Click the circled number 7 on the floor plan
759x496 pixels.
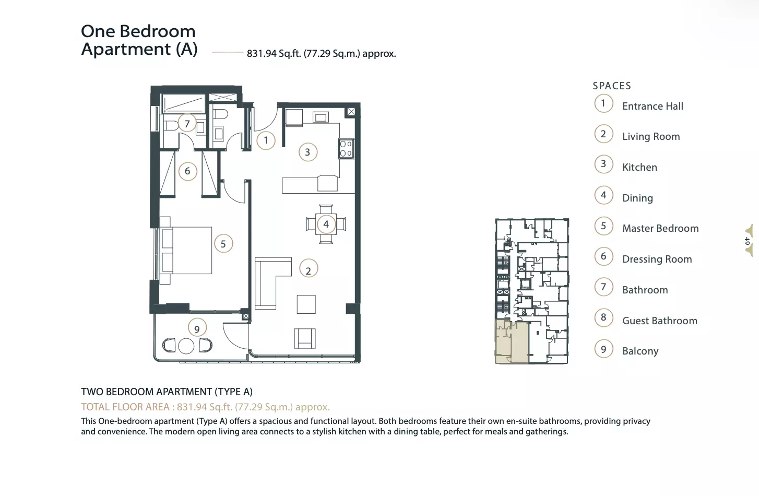[x=187, y=123]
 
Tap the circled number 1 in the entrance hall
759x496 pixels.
[x=266, y=140]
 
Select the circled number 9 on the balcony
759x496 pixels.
[x=197, y=328]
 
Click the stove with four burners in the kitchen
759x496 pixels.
[x=346, y=148]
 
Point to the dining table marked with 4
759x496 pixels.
[x=326, y=224]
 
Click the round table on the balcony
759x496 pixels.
[x=186, y=346]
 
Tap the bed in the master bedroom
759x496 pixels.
[x=186, y=250]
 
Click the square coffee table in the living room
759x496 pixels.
[x=306, y=304]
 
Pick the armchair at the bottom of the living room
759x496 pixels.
[x=305, y=338]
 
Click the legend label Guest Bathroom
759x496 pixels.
[x=660, y=321]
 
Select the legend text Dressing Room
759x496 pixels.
[x=657, y=259]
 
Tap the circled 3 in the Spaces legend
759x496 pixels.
[x=603, y=164]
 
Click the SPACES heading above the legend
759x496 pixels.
[x=612, y=86]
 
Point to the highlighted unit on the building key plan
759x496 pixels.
[x=512, y=341]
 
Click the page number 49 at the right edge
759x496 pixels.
[x=747, y=241]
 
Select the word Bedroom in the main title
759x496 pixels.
[x=158, y=31]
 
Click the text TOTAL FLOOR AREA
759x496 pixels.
[x=125, y=407]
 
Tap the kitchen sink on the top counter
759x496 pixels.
[x=320, y=117]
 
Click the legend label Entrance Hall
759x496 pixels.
[x=653, y=107]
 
